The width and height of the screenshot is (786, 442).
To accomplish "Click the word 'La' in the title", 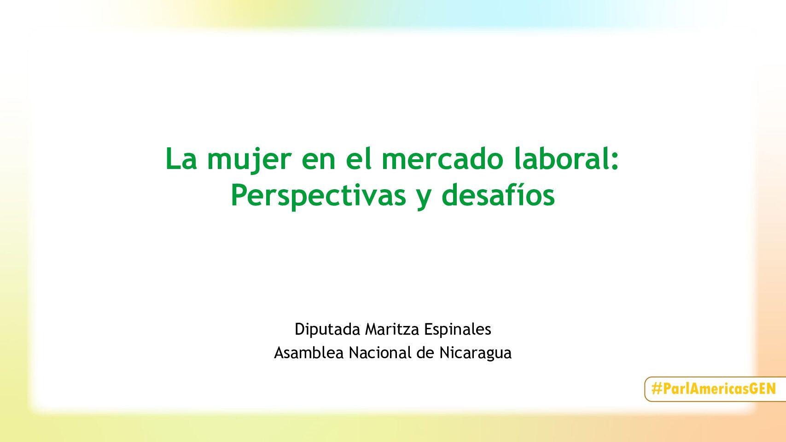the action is pos(180,159).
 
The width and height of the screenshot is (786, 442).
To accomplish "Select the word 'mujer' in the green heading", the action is pos(249,160).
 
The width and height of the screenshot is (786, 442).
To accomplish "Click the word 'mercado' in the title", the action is pos(443,158).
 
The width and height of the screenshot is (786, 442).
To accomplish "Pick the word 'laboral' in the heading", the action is pos(561,158).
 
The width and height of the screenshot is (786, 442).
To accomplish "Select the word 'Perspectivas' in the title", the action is pos(318,197).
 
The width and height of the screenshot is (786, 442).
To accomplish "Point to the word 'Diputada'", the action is pos(327,330).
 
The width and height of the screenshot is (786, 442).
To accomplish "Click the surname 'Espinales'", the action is pos(458,330).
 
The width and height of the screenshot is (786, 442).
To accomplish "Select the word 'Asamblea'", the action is pos(309,353).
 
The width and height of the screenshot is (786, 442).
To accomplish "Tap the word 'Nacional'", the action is pos(380,353).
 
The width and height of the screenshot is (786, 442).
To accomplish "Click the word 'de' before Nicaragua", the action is pos(425,353).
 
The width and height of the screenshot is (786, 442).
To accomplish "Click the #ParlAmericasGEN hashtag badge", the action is pos(715,389).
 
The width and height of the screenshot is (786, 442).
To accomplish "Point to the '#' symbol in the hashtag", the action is pos(656,389).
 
